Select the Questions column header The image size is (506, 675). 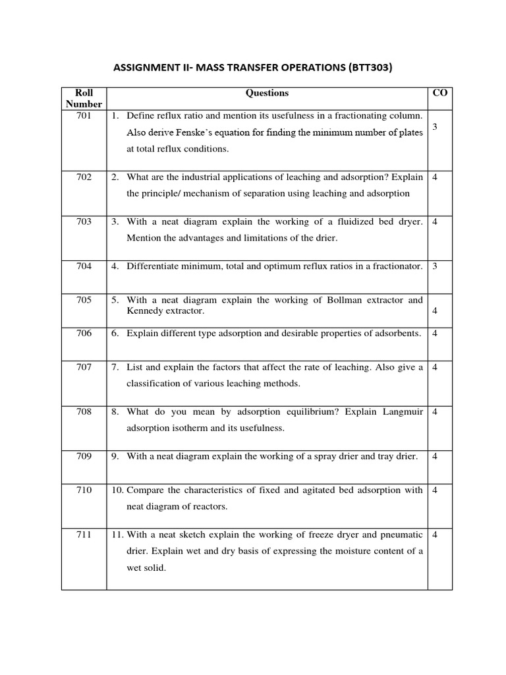pos(267,94)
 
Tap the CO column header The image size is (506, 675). pos(439,93)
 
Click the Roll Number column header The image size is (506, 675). pos(84,98)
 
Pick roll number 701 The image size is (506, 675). pos(84,115)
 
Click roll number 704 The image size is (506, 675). pos(84,266)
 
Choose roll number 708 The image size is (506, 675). pos(84,412)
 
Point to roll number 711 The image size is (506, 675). pos(84,535)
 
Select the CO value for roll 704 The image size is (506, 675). pos(436,266)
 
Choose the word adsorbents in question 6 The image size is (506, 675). pos(396,334)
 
